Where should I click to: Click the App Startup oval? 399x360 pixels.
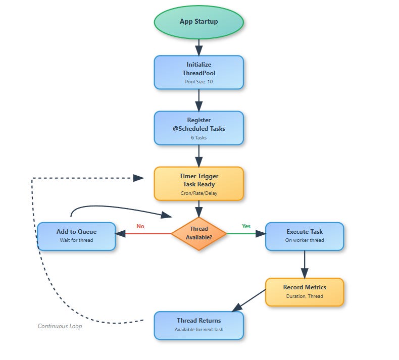(x=198, y=22)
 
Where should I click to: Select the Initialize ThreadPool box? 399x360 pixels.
(x=198, y=72)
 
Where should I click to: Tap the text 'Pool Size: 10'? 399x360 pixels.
(x=198, y=82)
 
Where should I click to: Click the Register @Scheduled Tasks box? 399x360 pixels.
(x=198, y=128)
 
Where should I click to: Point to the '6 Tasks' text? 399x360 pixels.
(x=198, y=137)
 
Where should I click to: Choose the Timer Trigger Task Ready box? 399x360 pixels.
(x=198, y=184)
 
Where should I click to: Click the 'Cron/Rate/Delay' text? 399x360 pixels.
(x=198, y=193)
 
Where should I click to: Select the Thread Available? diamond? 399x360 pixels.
(x=198, y=233)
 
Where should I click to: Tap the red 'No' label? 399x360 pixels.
(x=140, y=226)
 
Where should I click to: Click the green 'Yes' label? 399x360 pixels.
(x=246, y=226)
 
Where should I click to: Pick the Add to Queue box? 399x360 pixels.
(x=76, y=236)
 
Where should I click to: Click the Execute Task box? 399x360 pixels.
(x=304, y=236)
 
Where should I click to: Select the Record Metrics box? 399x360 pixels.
(x=304, y=291)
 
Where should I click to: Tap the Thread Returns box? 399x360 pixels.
(x=198, y=325)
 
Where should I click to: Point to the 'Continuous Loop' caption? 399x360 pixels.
(x=60, y=326)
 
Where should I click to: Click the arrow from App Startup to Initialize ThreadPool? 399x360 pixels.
(x=198, y=47)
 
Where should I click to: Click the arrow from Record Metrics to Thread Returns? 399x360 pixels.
(x=249, y=301)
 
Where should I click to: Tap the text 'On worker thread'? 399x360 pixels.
(x=304, y=240)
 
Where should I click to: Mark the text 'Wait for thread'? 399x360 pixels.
(x=76, y=240)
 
